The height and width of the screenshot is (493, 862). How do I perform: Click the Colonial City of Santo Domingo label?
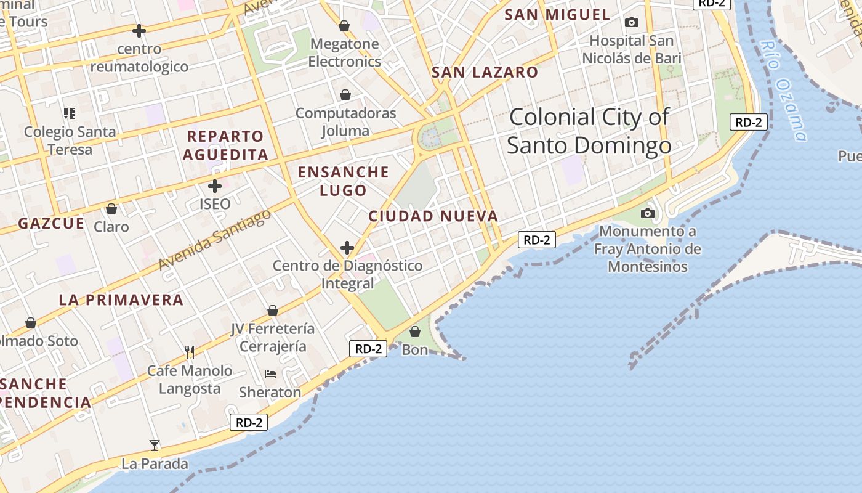click(589, 131)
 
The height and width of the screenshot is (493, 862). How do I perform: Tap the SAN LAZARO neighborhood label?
click(485, 72)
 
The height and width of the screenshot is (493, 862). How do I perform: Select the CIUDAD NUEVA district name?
click(433, 216)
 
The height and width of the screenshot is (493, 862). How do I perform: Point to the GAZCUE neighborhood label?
click(51, 224)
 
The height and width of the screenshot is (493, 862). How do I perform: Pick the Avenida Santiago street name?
click(214, 240)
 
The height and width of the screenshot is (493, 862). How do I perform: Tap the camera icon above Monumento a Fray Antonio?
click(647, 213)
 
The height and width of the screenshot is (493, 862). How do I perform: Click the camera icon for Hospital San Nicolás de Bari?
click(631, 23)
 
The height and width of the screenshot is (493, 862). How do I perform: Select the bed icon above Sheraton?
click(270, 373)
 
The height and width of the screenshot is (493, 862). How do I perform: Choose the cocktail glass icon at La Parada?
click(154, 445)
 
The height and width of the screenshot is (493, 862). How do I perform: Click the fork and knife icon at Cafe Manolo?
click(190, 352)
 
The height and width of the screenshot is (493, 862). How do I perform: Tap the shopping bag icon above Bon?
click(415, 332)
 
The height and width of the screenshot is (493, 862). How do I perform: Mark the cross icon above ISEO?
click(215, 185)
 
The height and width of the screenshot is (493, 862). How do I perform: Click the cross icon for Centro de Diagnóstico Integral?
click(347, 248)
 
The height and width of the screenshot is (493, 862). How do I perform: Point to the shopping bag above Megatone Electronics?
click(344, 26)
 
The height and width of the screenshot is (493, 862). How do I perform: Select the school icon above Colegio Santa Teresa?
click(70, 113)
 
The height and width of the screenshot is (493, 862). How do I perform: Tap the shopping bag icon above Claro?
click(111, 209)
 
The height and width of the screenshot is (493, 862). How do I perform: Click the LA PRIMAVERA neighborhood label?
click(121, 300)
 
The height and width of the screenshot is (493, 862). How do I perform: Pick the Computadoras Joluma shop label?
click(345, 122)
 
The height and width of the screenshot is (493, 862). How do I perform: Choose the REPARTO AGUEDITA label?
click(225, 145)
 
